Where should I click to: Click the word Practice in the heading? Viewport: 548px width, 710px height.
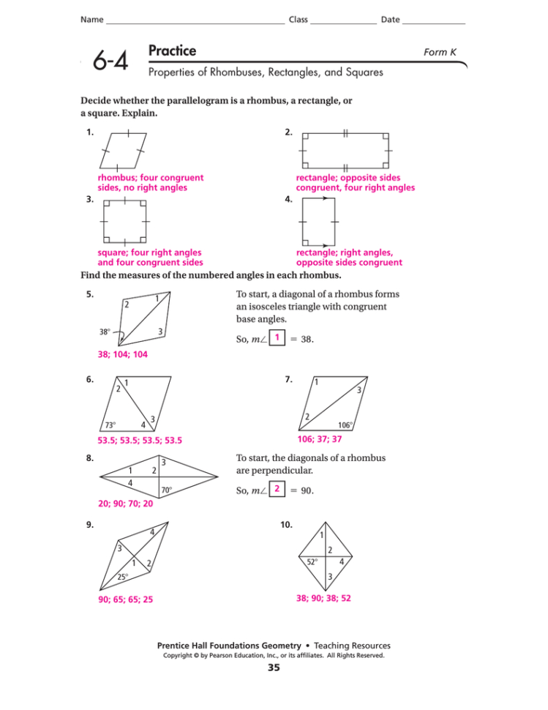pos(172,51)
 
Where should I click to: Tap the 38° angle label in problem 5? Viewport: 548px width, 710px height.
pos(105,331)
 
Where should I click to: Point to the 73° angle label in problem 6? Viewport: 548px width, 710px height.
pos(110,425)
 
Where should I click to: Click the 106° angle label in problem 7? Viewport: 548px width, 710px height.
pos(346,425)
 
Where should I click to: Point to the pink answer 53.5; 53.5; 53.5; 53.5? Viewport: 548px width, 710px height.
pos(139,441)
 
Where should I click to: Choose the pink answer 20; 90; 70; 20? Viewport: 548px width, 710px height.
pos(125,504)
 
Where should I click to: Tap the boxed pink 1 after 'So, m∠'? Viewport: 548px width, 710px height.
pos(277,337)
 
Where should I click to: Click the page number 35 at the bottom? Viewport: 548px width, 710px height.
pos(274,668)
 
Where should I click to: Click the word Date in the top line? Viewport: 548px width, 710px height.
pos(390,19)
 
